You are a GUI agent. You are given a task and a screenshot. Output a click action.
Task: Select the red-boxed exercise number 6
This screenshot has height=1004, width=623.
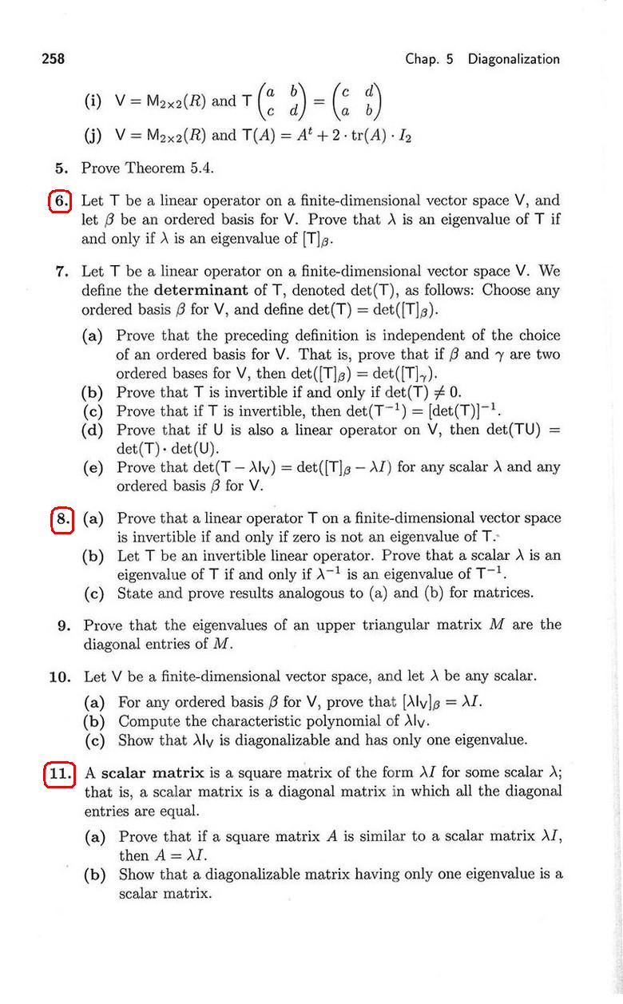point(61,200)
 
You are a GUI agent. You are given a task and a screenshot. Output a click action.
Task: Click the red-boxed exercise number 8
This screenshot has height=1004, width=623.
point(62,518)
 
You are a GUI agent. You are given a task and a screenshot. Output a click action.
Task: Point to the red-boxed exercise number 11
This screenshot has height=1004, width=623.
point(60,773)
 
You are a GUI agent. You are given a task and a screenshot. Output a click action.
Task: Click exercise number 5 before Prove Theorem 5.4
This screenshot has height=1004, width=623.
point(62,169)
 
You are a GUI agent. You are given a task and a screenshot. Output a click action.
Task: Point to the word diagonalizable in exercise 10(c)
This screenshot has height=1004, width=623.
point(253,740)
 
